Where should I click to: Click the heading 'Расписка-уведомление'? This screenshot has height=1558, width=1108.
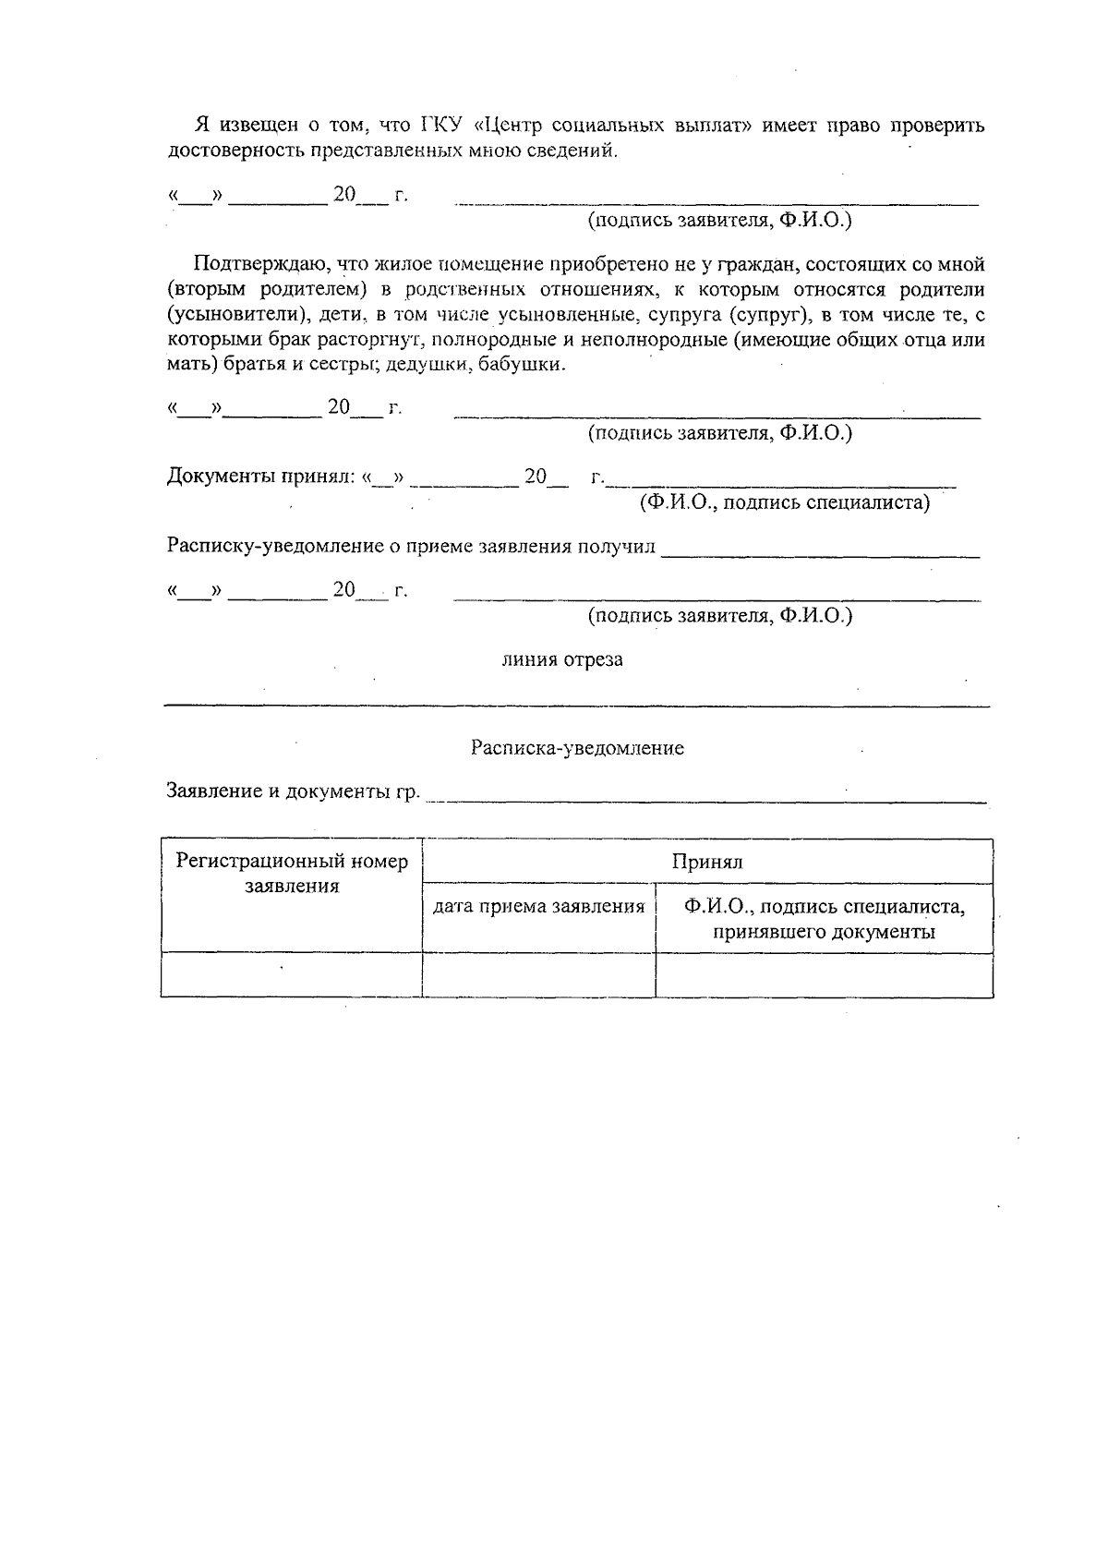coord(577,748)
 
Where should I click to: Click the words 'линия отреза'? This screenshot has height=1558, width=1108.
coord(562,659)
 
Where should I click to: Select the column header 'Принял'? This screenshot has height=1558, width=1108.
coord(707,862)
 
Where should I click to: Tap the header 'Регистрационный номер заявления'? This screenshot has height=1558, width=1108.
coord(292,874)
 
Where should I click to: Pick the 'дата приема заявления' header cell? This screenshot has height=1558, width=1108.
coord(539,907)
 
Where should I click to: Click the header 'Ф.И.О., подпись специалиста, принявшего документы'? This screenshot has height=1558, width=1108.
coord(825,919)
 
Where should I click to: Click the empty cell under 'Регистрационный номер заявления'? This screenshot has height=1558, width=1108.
coord(292,975)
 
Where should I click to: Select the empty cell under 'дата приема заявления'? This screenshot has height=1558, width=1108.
coord(539,975)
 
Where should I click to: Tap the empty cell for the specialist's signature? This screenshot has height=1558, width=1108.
coord(825,975)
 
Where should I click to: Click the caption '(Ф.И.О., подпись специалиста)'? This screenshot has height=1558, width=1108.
coord(785,502)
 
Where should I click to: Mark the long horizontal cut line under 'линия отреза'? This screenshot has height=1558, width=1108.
coord(577,707)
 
